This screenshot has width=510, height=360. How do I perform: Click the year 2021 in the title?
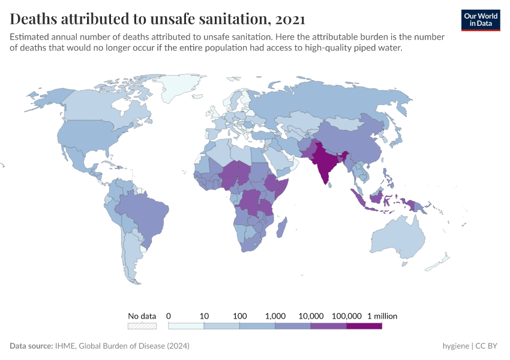tap(290, 19)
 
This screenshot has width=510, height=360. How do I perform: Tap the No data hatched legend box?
tap(142, 326)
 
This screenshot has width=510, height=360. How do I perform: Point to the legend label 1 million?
tap(382, 316)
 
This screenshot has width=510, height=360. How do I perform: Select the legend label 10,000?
tap(311, 316)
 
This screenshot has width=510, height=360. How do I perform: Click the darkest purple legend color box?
tap(364, 326)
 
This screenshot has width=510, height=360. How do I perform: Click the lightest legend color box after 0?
tap(186, 326)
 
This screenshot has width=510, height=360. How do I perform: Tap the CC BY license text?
tap(488, 346)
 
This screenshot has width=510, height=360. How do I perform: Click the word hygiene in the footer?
tap(455, 346)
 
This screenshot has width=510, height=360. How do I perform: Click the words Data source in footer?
tap(30, 346)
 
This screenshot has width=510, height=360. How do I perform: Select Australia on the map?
tap(408, 237)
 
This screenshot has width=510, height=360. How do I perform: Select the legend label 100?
tap(240, 316)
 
